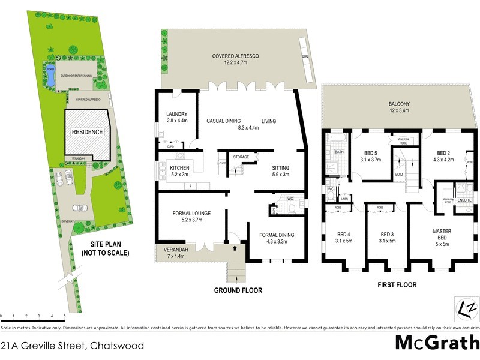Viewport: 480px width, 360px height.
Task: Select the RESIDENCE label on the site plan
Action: (x=88, y=132)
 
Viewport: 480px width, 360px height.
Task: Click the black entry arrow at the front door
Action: (x=235, y=247)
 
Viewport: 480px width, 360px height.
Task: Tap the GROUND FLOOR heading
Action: (x=238, y=290)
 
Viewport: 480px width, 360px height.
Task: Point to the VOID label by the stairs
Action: (x=399, y=175)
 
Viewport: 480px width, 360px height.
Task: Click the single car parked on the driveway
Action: (x=79, y=208)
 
